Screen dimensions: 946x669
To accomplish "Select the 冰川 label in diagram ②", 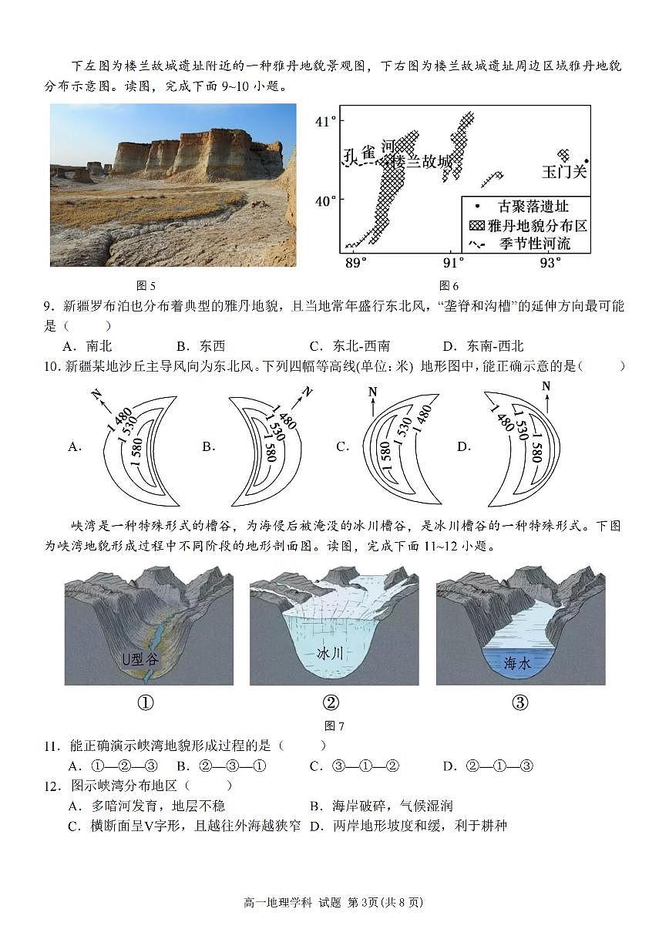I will click(x=330, y=653).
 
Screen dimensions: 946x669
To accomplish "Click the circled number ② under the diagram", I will click(x=331, y=702).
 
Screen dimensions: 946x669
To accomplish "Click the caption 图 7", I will click(x=334, y=725).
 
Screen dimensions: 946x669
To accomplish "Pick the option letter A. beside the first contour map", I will click(x=75, y=446).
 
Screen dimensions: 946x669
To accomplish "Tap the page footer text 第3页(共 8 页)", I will click(x=385, y=902).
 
